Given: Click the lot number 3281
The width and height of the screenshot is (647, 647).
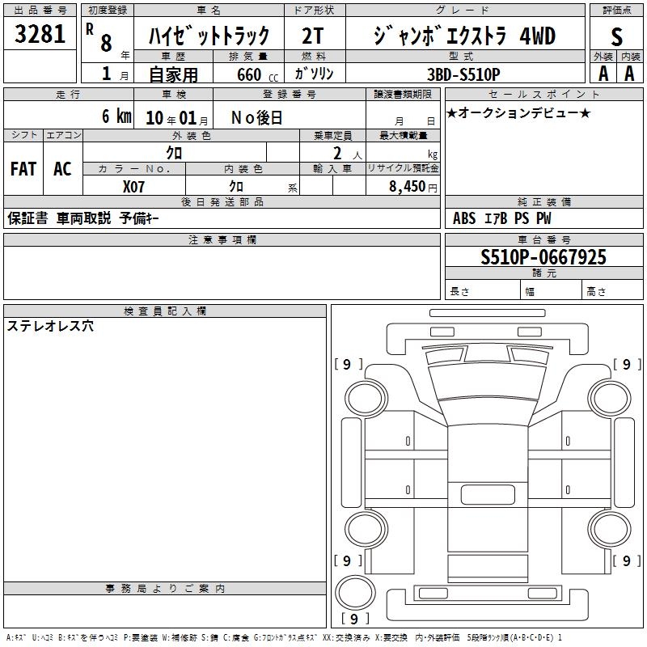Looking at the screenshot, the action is point(40,34).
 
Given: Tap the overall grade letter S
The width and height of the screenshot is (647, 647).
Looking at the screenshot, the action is point(616,36).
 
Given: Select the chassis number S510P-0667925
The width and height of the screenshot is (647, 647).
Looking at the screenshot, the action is point(543,257).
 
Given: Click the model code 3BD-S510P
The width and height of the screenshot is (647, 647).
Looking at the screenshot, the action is point(463,74).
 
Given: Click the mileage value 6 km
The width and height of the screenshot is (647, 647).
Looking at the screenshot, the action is point(116,116).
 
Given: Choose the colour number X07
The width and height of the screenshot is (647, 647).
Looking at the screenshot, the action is point(133,187).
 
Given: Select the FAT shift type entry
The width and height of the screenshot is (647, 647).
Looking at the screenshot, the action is point(23,169).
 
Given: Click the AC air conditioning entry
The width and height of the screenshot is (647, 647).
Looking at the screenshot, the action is point(62,169).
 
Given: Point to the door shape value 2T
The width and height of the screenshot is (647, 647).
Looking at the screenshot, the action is point(313,36).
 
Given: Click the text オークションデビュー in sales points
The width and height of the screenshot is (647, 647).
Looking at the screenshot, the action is point(518,112).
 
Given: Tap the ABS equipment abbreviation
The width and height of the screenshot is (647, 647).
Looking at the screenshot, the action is point(464,218).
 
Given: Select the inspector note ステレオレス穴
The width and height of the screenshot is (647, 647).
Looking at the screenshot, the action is point(50,326).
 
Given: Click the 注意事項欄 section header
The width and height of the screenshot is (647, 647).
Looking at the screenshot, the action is point(222,239).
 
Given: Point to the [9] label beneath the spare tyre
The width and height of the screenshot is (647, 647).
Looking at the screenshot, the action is point(354,619).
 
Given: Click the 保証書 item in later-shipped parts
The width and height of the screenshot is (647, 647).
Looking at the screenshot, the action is point(27,218).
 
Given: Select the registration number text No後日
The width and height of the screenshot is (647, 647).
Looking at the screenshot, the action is point(256,118).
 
